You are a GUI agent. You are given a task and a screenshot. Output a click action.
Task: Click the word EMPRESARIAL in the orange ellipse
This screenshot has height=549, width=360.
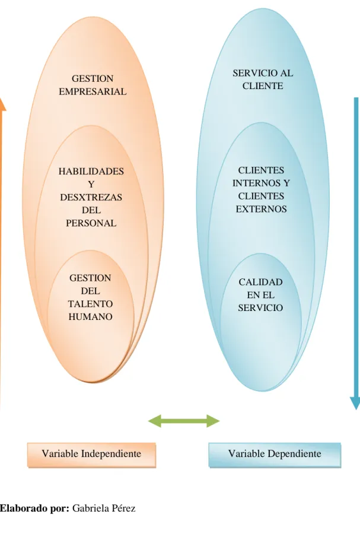click(x=93, y=91)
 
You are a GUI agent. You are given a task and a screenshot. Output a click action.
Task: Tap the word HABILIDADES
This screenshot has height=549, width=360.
click(x=91, y=171)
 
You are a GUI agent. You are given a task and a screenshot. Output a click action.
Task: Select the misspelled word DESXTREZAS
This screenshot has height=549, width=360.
click(x=91, y=197)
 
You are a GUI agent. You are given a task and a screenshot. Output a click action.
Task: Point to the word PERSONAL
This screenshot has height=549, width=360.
click(x=91, y=223)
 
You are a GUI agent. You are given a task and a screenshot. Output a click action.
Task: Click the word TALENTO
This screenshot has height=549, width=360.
click(x=90, y=303)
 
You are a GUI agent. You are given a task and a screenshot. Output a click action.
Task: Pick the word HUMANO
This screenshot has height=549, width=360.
click(x=90, y=316)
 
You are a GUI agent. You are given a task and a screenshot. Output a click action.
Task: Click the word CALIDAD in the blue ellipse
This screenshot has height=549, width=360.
click(x=260, y=282)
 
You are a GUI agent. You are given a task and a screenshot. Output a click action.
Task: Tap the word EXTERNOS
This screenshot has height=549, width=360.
click(x=261, y=209)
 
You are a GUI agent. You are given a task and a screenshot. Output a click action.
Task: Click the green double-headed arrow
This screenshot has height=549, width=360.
click(x=184, y=421)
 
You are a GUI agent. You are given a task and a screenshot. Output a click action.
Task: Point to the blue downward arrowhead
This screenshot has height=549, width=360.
click(x=355, y=403)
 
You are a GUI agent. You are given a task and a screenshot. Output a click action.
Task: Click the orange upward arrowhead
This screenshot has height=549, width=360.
click(x=2, y=104)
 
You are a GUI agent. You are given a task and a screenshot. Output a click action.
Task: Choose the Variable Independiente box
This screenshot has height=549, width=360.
click(x=92, y=455)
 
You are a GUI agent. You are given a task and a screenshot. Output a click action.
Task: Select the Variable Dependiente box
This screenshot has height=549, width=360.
click(x=275, y=455)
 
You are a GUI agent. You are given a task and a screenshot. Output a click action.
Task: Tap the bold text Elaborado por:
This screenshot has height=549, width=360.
click(x=34, y=508)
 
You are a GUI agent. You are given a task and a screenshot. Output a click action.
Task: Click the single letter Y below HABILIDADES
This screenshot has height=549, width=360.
click(x=91, y=184)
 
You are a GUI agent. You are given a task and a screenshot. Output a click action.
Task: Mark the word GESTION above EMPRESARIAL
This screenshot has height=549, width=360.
click(x=93, y=78)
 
